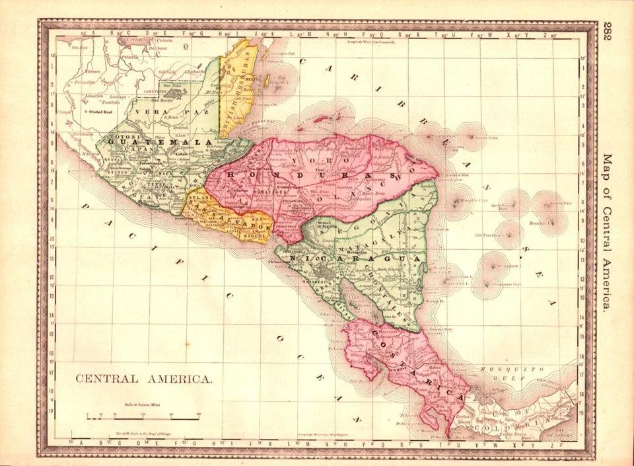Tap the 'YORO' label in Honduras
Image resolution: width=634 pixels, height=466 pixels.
pyautogui.click(x=312, y=160)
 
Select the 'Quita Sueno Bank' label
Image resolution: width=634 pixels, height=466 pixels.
pyautogui.click(x=503, y=206)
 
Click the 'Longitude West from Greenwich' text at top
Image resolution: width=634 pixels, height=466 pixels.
pyautogui.click(x=370, y=42)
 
